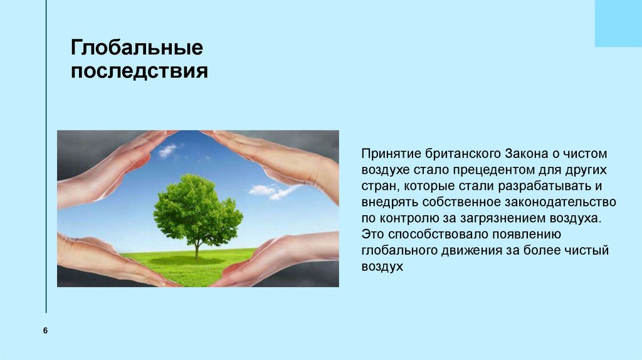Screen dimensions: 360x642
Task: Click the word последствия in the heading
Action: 139,71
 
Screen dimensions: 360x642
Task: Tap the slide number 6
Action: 46,331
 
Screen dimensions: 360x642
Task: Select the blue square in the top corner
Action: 618,23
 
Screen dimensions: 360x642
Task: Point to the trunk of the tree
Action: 196,249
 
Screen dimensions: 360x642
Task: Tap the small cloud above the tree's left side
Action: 167,151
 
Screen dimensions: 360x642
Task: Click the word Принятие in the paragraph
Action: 386,154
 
